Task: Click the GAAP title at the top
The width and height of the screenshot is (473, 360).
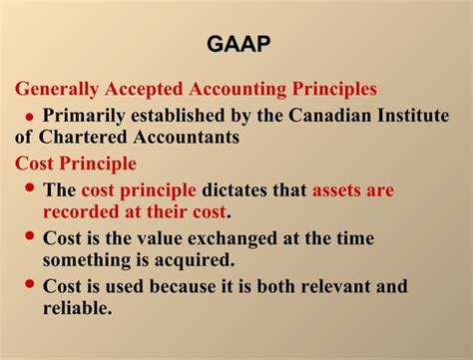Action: pyautogui.click(x=236, y=45)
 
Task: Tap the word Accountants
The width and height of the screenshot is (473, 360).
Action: pyautogui.click(x=183, y=137)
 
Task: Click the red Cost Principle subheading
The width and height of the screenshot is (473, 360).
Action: pyautogui.click(x=76, y=163)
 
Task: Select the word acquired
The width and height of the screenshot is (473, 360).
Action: pyautogui.click(x=192, y=259)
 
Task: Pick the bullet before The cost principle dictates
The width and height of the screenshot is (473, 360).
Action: pyautogui.click(x=29, y=187)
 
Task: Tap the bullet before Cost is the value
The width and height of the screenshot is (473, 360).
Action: pyautogui.click(x=29, y=236)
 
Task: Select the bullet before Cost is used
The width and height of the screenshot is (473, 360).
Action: pyautogui.click(x=29, y=284)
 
